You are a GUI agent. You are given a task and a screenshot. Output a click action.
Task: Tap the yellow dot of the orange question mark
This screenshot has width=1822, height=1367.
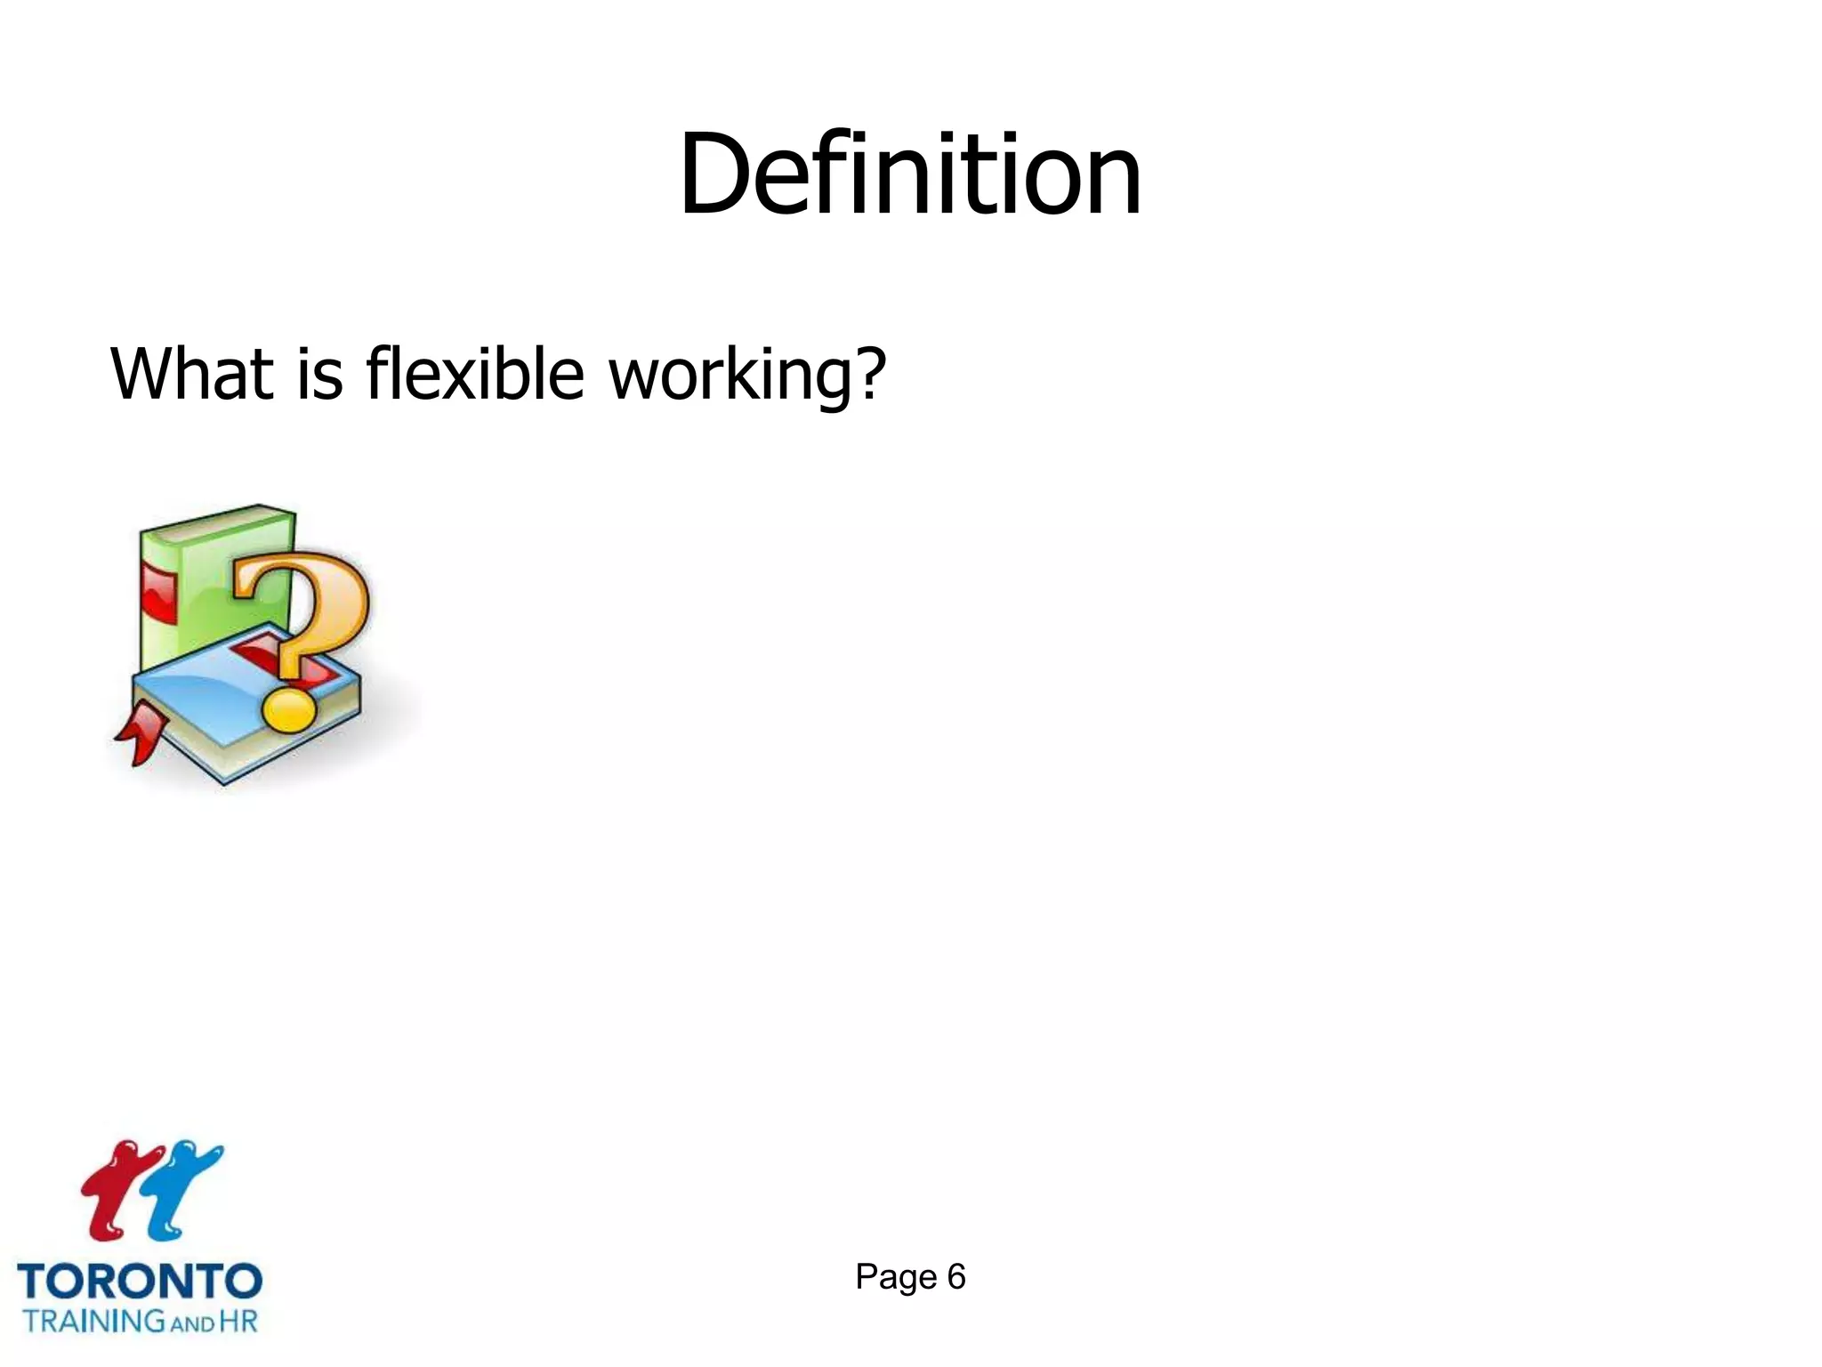pos(287,709)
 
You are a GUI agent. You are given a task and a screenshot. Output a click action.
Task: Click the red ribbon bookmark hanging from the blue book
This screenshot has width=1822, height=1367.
pos(141,734)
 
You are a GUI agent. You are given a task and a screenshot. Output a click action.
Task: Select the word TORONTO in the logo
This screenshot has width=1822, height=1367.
pos(140,1282)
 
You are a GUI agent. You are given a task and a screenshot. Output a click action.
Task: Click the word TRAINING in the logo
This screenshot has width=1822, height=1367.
pos(94,1321)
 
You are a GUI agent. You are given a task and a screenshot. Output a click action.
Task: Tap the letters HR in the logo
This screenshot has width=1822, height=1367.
pos(238,1321)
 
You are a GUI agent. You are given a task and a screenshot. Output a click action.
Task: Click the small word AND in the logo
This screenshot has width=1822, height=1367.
pos(191,1323)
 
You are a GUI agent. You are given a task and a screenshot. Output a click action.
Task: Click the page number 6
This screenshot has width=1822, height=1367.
pos(956,1277)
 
